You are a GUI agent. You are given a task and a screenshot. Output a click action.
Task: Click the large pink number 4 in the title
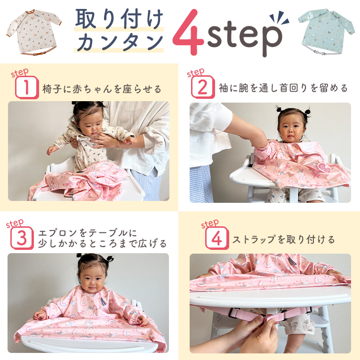point(188,32)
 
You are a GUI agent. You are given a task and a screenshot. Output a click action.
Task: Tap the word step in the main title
point(245,37)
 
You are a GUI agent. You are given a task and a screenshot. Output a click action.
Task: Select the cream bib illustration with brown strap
point(33,32)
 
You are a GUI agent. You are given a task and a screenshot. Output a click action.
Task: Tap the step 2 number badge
point(203,87)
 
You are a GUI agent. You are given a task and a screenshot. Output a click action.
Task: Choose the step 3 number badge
point(22,238)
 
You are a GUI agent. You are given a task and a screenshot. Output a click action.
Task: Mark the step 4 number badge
point(217,238)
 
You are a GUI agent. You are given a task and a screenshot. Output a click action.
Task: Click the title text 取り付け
point(119,19)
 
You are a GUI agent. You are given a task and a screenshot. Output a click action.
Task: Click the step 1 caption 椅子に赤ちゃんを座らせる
point(102,89)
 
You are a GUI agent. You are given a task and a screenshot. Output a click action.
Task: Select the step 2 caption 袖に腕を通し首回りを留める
point(283,88)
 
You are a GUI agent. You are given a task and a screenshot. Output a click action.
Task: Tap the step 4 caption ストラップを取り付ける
point(284,240)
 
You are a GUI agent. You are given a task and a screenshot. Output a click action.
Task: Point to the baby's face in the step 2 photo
point(291,128)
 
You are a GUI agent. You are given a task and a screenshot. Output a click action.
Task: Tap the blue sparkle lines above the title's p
point(279,18)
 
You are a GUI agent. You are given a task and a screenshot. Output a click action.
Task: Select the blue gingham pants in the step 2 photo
point(201,184)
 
